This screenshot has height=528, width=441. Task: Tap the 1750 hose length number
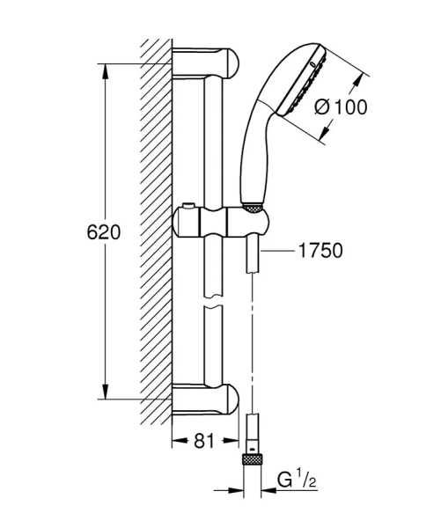coord(319,252)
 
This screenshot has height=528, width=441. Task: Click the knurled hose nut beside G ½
coord(254,458)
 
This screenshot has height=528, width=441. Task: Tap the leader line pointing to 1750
coord(281,252)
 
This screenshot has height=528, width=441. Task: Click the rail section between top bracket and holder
coord(215,141)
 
